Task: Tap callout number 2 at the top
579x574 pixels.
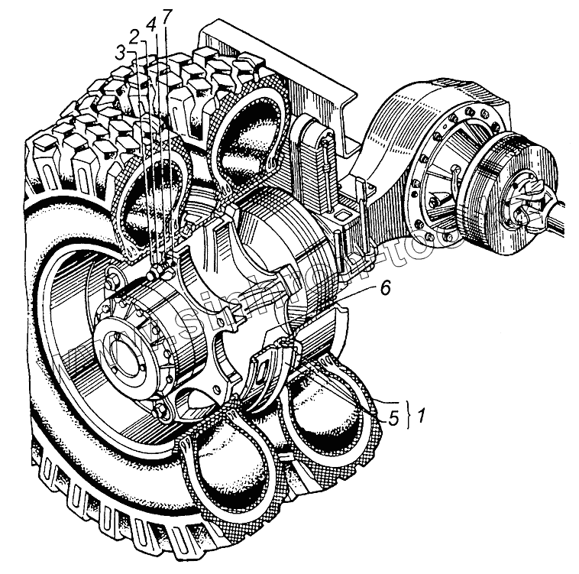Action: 134,36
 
